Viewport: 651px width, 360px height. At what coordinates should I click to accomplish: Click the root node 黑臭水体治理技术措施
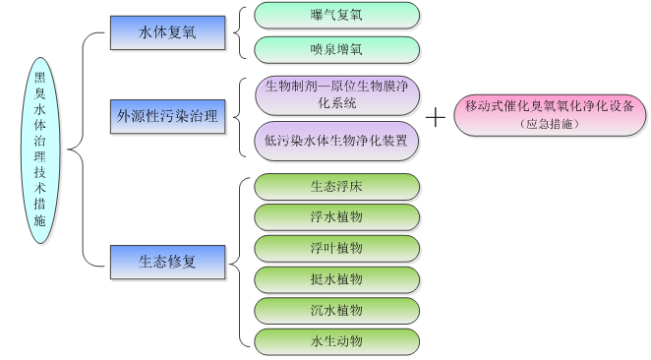click(x=40, y=150)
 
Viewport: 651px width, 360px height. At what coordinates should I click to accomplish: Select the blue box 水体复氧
click(x=168, y=32)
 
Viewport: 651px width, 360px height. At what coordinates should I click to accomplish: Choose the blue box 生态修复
click(x=168, y=263)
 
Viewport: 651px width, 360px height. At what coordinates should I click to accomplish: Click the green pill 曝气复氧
click(x=337, y=16)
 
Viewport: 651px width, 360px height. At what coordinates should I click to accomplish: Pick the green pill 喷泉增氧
click(x=337, y=49)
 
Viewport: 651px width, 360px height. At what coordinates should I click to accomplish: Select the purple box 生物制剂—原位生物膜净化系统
click(x=337, y=94)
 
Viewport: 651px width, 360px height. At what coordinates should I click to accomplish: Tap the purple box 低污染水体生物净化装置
click(x=337, y=141)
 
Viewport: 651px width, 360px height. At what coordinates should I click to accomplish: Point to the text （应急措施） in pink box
click(x=551, y=125)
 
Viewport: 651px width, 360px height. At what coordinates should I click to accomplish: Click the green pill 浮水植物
click(x=337, y=217)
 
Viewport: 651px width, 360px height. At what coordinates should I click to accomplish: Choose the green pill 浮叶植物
click(x=337, y=248)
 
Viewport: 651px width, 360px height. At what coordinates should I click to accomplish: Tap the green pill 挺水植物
click(x=337, y=279)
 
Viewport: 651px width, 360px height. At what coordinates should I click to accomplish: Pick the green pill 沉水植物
click(x=337, y=310)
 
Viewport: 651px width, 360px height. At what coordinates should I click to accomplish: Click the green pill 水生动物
click(x=337, y=341)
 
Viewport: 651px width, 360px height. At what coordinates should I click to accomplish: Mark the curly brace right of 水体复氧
click(x=239, y=32)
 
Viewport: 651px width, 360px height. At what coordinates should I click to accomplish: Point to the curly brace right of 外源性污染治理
click(x=239, y=118)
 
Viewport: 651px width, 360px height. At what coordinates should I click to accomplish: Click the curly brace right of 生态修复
click(x=239, y=263)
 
